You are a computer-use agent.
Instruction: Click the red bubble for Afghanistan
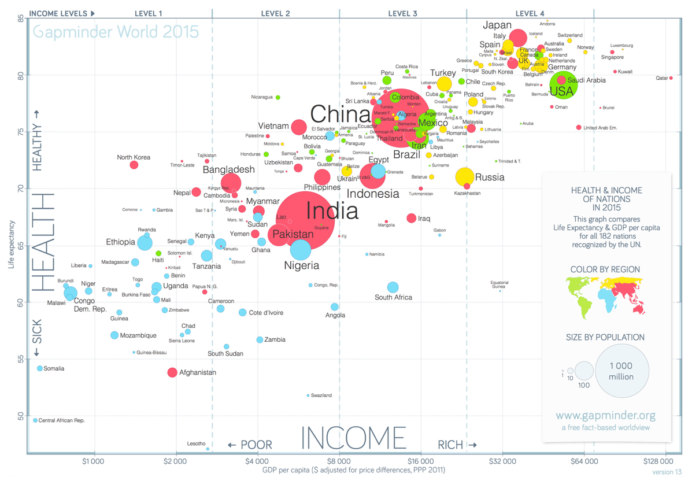click(x=172, y=372)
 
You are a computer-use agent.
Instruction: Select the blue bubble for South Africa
click(x=393, y=287)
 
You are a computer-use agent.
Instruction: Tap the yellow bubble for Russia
click(x=465, y=177)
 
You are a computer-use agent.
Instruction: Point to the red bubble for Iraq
click(x=411, y=218)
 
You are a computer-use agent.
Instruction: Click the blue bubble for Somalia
click(x=40, y=368)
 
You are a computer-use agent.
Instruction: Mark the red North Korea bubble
click(x=134, y=165)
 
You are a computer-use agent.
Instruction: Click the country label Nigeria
click(x=302, y=266)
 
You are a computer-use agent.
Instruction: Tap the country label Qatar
click(x=661, y=79)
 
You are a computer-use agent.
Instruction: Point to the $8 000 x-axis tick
click(x=339, y=461)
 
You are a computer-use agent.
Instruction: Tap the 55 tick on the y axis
click(x=20, y=359)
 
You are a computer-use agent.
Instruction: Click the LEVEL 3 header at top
click(x=403, y=13)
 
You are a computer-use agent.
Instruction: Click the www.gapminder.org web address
click(x=606, y=416)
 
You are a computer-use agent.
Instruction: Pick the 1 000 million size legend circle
click(x=620, y=371)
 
